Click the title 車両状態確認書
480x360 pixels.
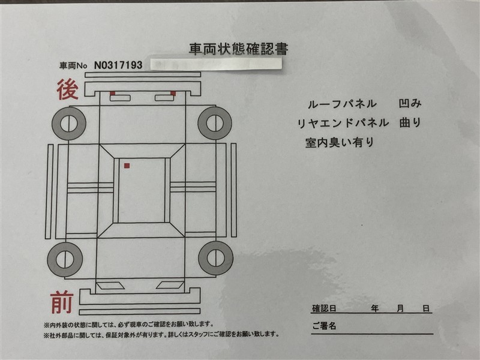click(x=238, y=49)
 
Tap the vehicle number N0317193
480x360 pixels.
click(x=118, y=65)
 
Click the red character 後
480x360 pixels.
click(x=67, y=89)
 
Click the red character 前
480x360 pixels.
click(x=62, y=302)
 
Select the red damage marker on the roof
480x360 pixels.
click(x=127, y=166)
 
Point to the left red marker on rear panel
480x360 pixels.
click(x=113, y=93)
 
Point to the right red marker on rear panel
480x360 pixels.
click(x=173, y=93)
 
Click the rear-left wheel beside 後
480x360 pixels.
click(x=69, y=124)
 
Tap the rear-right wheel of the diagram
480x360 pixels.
click(x=215, y=123)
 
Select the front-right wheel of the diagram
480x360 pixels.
click(x=216, y=258)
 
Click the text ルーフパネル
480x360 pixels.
click(x=342, y=104)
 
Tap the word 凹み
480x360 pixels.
click(x=410, y=103)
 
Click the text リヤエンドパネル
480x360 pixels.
click(x=343, y=123)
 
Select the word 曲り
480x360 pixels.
click(x=410, y=122)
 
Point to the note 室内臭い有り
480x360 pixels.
click(x=340, y=142)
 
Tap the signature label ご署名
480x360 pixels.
click(x=324, y=326)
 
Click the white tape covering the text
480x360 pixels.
click(x=216, y=64)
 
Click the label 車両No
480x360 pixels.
click(x=73, y=65)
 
